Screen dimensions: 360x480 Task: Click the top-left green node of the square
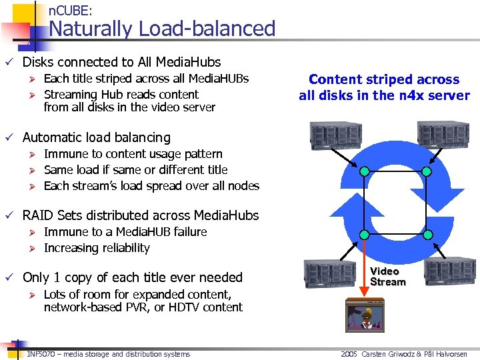[364, 171]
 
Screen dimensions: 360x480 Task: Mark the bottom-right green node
[429, 235]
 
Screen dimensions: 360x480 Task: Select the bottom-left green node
[364, 235]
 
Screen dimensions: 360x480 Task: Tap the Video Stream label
[388, 277]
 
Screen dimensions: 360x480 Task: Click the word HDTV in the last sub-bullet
[181, 307]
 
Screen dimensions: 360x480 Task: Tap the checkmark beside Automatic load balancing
[8, 137]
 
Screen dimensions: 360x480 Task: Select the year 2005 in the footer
[349, 354]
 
